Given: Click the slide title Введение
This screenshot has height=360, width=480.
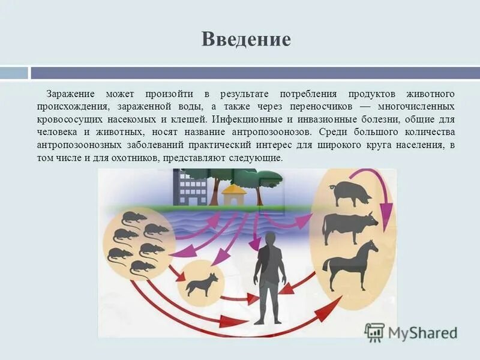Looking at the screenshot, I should point(246,39).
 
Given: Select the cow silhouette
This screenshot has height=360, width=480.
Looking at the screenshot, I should point(350,227).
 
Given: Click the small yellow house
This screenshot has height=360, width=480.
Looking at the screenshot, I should point(234,195).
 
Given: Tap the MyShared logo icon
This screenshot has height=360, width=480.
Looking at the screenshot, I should point(374,332).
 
